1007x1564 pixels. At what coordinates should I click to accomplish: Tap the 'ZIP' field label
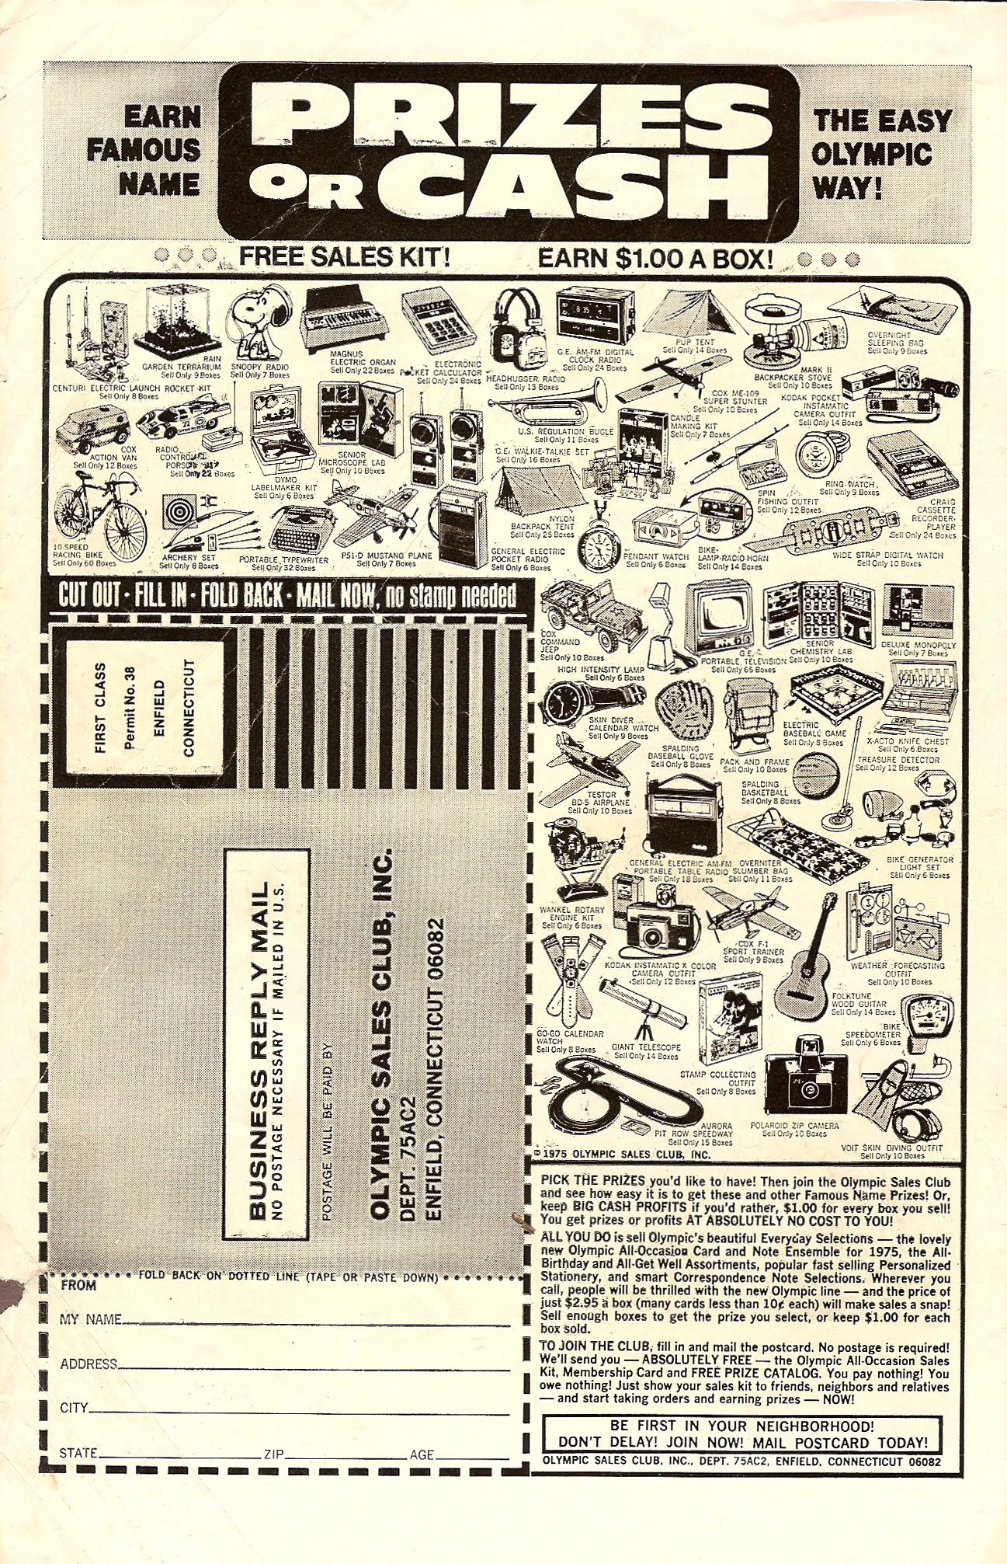click(x=274, y=1454)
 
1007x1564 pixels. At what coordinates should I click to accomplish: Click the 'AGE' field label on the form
click(x=422, y=1454)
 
